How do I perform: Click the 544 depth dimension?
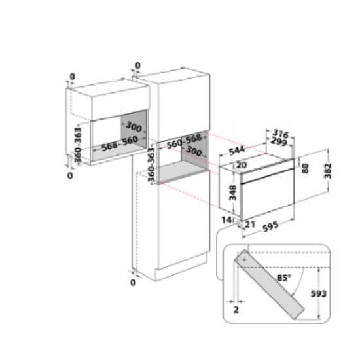237,151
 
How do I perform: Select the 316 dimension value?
280,134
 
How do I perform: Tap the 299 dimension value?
279,141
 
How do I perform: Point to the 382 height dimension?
328,171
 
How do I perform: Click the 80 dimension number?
305,168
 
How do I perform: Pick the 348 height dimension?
232,192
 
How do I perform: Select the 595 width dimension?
270,226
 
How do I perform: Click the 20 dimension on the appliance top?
242,164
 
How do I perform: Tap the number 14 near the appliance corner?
226,220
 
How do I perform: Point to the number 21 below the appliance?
250,224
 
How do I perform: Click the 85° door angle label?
284,278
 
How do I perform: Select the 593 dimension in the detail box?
318,293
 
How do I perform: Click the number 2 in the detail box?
236,310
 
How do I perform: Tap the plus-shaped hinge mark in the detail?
244,260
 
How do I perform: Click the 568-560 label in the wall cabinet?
120,144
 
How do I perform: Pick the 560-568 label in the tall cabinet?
184,141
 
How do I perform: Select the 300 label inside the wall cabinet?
134,126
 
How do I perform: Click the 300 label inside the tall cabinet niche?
194,151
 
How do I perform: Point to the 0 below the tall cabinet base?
133,282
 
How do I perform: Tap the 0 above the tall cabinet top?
137,65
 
